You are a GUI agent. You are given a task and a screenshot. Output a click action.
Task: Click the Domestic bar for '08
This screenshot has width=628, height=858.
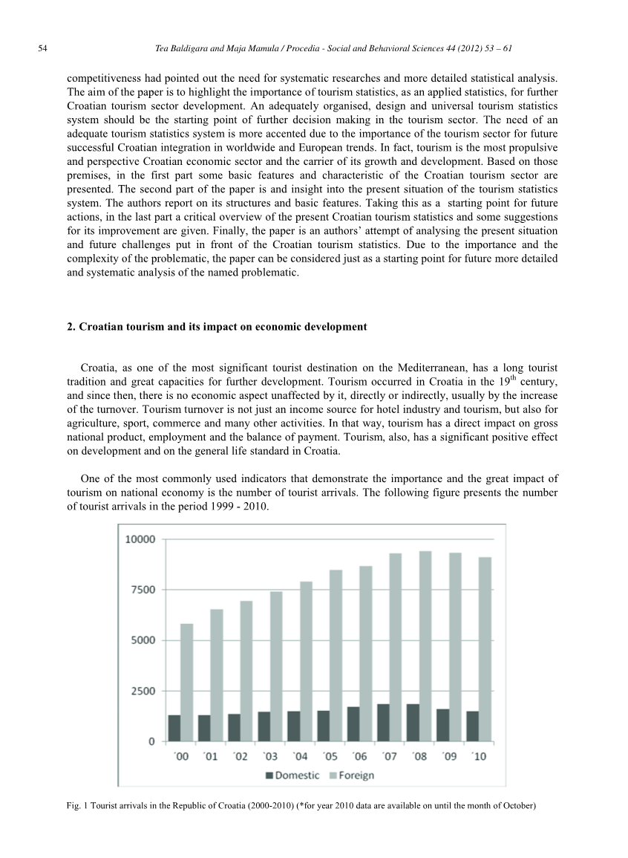[413, 722]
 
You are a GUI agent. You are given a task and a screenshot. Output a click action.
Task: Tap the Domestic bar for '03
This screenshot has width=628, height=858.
[264, 726]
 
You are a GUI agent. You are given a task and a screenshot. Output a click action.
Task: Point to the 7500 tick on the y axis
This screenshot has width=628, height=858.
[139, 590]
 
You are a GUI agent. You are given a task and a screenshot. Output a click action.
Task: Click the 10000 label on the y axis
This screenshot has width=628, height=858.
[139, 539]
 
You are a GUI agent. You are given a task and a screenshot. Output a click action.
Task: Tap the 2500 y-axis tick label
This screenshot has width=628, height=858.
[139, 691]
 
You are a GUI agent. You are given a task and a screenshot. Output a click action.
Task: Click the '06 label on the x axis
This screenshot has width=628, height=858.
[359, 757]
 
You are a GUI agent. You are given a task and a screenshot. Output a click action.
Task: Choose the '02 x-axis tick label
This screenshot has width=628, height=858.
[240, 757]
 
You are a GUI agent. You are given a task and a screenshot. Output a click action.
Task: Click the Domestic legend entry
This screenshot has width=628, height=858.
[292, 776]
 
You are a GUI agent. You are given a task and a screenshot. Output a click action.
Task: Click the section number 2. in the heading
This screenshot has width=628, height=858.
[71, 327]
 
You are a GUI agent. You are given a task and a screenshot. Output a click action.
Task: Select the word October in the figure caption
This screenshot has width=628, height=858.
[517, 806]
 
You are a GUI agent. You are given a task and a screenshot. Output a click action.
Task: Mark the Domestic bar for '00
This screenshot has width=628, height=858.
[174, 728]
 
